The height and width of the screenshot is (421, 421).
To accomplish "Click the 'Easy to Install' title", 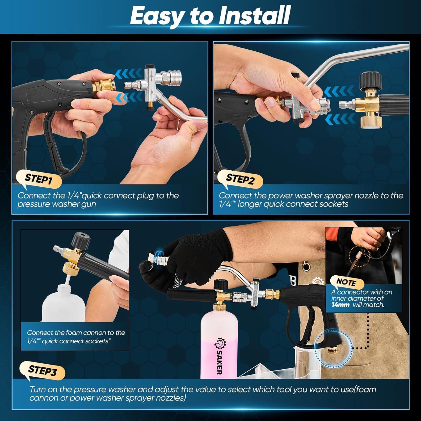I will (210, 16).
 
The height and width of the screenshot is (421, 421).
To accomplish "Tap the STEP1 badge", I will (38, 179).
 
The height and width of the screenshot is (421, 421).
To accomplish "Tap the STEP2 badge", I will (240, 179).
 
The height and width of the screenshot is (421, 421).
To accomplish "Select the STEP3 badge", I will (42, 371).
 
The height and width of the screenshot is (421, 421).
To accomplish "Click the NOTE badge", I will (346, 282).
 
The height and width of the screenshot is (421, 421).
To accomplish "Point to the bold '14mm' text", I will (340, 304).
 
